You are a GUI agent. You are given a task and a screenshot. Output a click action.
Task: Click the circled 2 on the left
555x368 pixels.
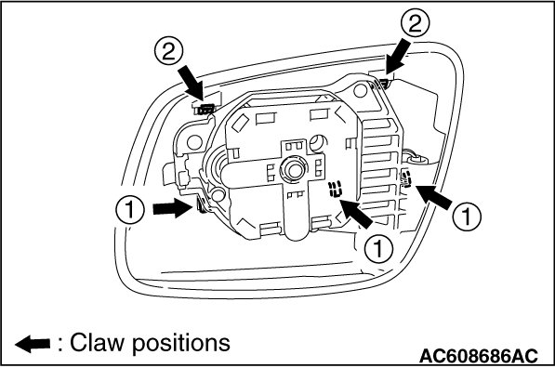pos(169,52)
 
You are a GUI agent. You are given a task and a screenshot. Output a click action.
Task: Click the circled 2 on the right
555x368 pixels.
pos(416,22)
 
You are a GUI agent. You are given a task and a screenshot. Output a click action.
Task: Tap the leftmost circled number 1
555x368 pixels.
pos(130,209)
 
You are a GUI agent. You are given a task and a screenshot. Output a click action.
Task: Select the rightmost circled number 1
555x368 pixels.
pos(467,216)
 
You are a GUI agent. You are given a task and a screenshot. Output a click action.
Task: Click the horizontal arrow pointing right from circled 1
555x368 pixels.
pos(172,208)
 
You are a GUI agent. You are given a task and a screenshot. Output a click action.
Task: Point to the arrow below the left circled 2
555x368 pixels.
pos(192,84)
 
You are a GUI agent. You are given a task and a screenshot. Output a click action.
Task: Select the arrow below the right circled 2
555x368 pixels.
pos(398,57)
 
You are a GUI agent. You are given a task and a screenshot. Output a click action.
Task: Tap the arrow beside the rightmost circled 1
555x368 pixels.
pos(434,197)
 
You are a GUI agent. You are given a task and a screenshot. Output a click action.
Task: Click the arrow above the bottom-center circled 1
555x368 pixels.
pos(356,213)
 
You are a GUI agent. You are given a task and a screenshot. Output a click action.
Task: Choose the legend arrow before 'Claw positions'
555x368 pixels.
pos(33,344)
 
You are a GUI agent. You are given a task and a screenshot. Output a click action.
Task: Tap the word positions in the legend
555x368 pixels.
pos(181,344)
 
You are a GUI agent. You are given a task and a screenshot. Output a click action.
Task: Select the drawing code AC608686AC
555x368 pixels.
pos(478,355)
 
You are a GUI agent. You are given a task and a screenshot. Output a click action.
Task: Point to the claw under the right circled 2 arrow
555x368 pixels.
pos(380,85)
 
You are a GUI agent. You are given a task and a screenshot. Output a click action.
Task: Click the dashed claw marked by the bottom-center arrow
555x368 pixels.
pos(335,189)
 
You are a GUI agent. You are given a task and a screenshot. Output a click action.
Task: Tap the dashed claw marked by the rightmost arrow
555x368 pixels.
pos(406,177)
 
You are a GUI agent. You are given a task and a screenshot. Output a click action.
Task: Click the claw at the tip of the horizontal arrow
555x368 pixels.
pos(201,206)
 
